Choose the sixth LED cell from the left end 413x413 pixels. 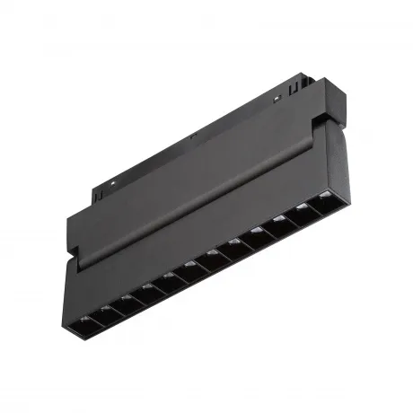[191, 265]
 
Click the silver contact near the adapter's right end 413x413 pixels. [278, 94]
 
